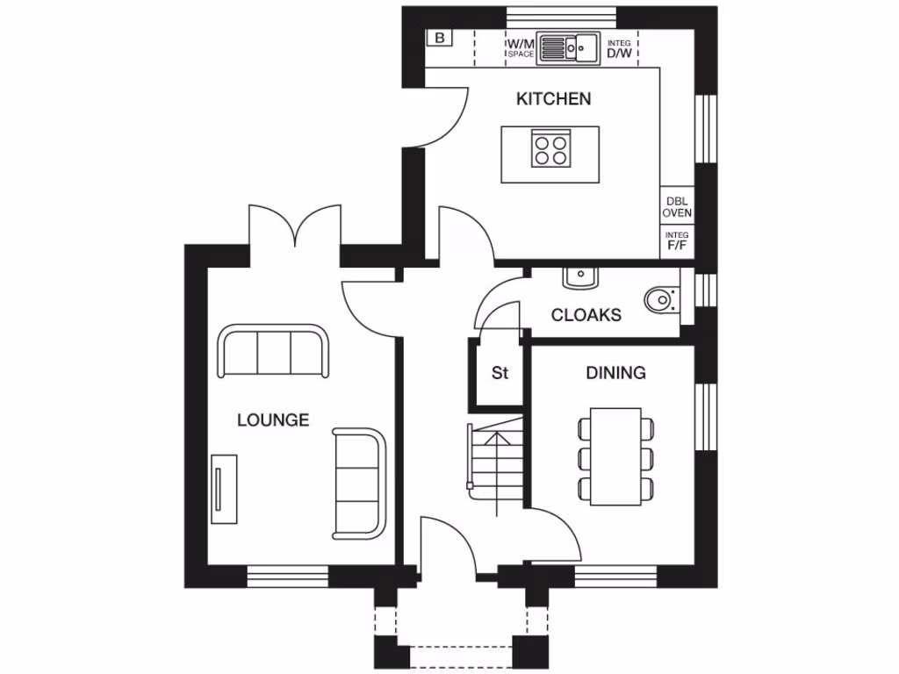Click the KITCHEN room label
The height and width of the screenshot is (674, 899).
click(553, 99)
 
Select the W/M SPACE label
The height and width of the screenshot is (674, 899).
click(520, 48)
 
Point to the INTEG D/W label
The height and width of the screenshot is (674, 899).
click(619, 49)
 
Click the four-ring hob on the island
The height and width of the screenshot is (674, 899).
click(550, 148)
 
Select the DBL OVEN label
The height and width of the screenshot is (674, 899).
click(677, 206)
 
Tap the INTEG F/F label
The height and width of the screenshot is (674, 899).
click(677, 241)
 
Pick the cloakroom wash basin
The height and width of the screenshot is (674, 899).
click(579, 277)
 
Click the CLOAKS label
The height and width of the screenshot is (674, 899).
click(586, 315)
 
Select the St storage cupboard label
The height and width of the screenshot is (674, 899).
click(500, 374)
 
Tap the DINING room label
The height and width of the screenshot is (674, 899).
click(615, 373)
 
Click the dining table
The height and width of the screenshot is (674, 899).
click(615, 456)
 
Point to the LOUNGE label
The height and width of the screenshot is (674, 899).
click(273, 420)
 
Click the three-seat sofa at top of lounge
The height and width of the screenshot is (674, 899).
click(273, 351)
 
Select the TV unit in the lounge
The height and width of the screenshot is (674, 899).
click(224, 489)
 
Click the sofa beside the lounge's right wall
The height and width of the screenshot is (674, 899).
click(359, 483)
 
